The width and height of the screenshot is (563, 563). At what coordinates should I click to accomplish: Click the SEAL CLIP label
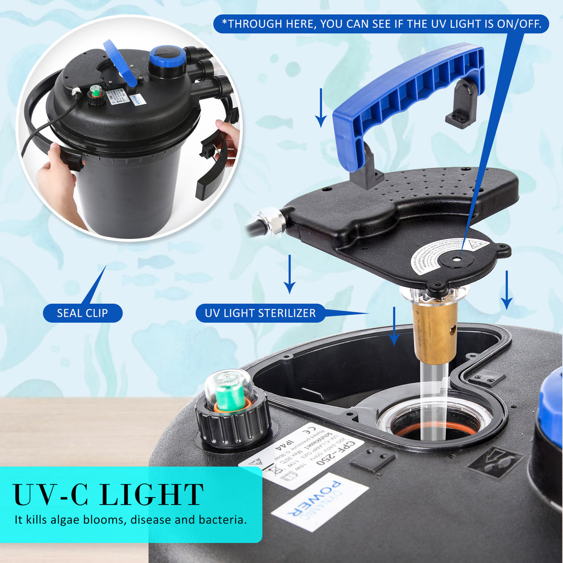click(x=83, y=313)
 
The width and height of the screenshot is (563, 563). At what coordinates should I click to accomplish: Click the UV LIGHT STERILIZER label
click(x=260, y=313)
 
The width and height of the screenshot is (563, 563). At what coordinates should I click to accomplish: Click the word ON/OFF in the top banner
click(x=519, y=24)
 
